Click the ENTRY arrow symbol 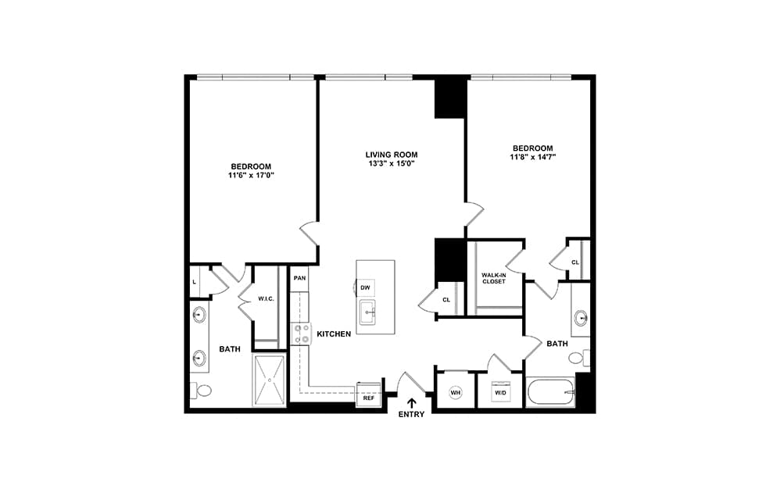pyautogui.click(x=412, y=402)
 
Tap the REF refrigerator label pyautogui.click(x=369, y=398)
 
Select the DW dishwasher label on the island pyautogui.click(x=365, y=287)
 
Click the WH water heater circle pyautogui.click(x=455, y=393)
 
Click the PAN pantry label pyautogui.click(x=299, y=278)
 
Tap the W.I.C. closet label pyautogui.click(x=267, y=298)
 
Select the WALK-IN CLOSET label pyautogui.click(x=493, y=278)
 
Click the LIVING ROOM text pyautogui.click(x=392, y=155)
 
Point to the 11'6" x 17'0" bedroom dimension pyautogui.click(x=251, y=175)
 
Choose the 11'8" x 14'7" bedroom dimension pyautogui.click(x=533, y=157)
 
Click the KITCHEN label pyautogui.click(x=334, y=334)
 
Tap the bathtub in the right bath pyautogui.click(x=551, y=393)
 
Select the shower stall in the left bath pyautogui.click(x=270, y=380)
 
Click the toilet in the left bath pyautogui.click(x=202, y=390)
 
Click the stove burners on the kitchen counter pyautogui.click(x=302, y=334)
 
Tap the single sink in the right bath pyautogui.click(x=580, y=317)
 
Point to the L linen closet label pyautogui.click(x=194, y=282)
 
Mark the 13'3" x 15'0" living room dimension pyautogui.click(x=392, y=163)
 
